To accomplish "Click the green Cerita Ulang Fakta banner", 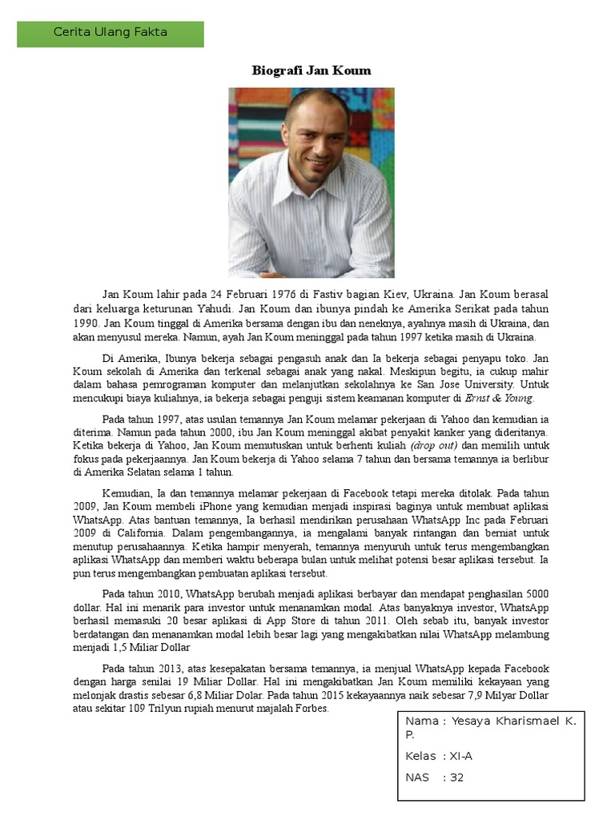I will click(111, 34).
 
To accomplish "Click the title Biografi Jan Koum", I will click(312, 70).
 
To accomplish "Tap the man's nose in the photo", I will click(317, 140).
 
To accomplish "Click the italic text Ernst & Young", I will click(499, 397).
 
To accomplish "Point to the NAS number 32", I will click(456, 777).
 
